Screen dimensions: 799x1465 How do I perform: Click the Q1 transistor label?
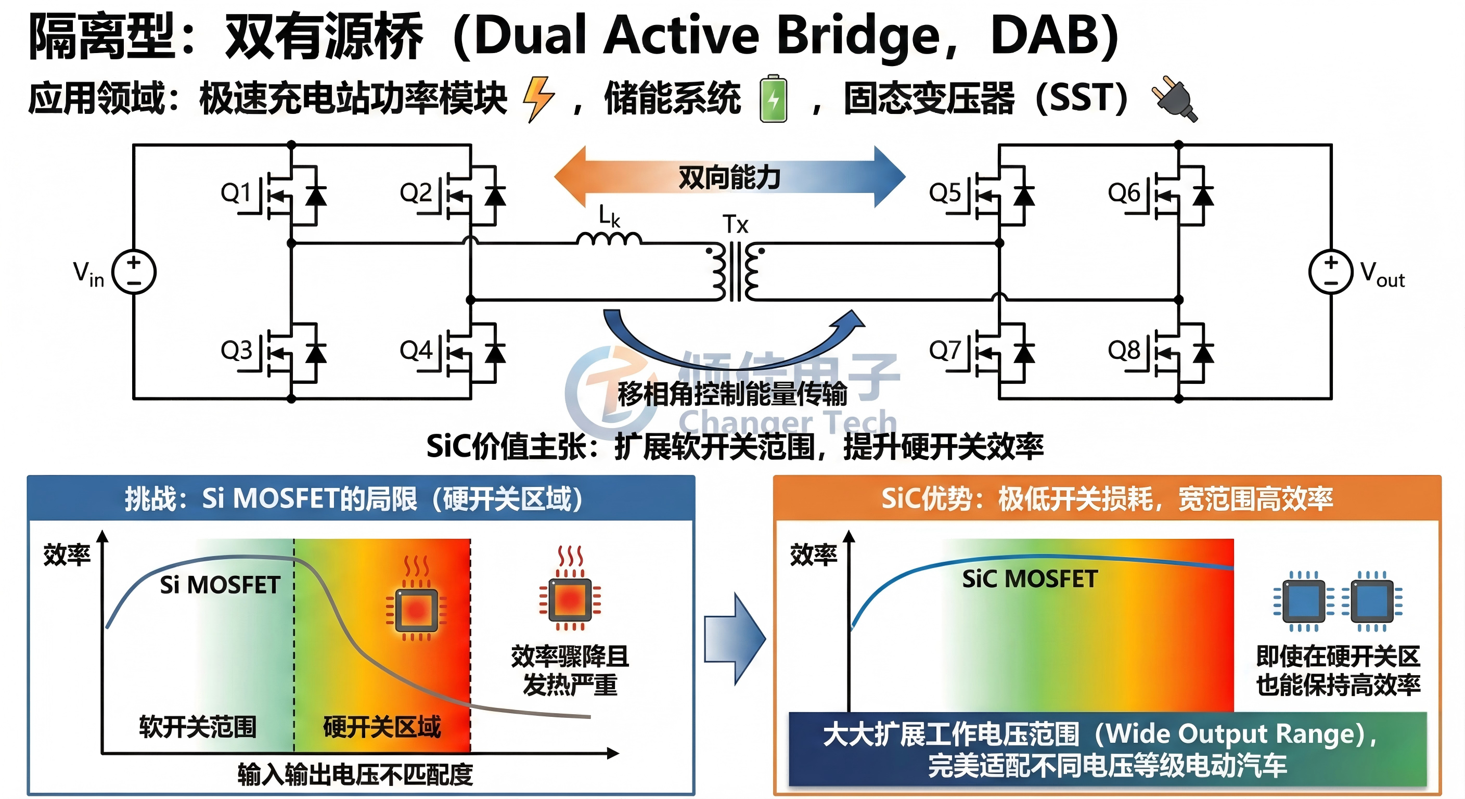[236, 193]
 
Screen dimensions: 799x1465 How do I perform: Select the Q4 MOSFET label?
[415, 350]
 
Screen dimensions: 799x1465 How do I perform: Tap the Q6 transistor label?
[1123, 193]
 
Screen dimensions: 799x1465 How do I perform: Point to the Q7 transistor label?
[944, 350]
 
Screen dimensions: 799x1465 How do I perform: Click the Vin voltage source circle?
[134, 272]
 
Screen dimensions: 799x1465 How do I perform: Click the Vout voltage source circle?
[1330, 272]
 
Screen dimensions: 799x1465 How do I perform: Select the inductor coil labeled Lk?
[609, 238]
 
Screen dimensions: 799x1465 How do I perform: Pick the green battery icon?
[774, 98]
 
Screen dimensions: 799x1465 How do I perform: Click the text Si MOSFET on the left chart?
[220, 585]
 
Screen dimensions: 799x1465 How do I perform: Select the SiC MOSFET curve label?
[1030, 579]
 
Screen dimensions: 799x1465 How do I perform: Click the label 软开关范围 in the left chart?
[197, 727]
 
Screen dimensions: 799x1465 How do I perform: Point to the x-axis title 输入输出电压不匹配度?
[355, 774]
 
